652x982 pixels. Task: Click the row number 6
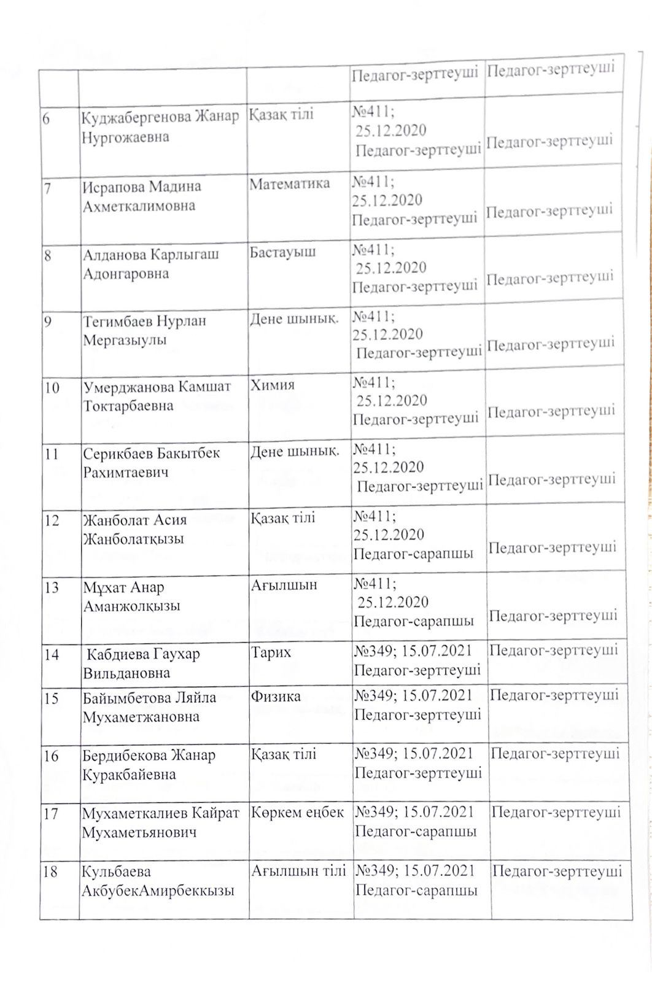pyautogui.click(x=47, y=118)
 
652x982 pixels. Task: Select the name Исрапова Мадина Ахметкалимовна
pyautogui.click(x=141, y=196)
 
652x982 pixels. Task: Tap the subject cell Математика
pyautogui.click(x=289, y=183)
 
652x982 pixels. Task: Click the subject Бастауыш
pyautogui.click(x=282, y=252)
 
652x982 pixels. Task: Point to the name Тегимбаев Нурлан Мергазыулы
pyautogui.click(x=144, y=330)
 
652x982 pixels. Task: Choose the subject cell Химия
pyautogui.click(x=272, y=385)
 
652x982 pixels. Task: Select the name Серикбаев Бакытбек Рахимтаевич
pyautogui.click(x=151, y=463)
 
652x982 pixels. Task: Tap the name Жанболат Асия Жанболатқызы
pyautogui.click(x=134, y=530)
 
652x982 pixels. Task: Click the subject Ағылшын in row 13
pyautogui.click(x=284, y=585)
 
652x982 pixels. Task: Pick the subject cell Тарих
pyautogui.click(x=271, y=652)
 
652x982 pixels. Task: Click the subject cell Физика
pyautogui.click(x=276, y=696)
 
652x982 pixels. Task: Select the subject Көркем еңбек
pyautogui.click(x=297, y=812)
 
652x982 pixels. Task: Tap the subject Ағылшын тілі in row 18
pyautogui.click(x=298, y=870)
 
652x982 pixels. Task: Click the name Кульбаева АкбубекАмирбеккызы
pyautogui.click(x=158, y=881)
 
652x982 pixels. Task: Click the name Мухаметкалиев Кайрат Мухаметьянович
pyautogui.click(x=160, y=822)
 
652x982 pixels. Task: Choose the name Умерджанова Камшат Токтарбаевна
pyautogui.click(x=157, y=396)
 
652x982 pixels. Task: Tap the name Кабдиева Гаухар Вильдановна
pyautogui.click(x=142, y=663)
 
